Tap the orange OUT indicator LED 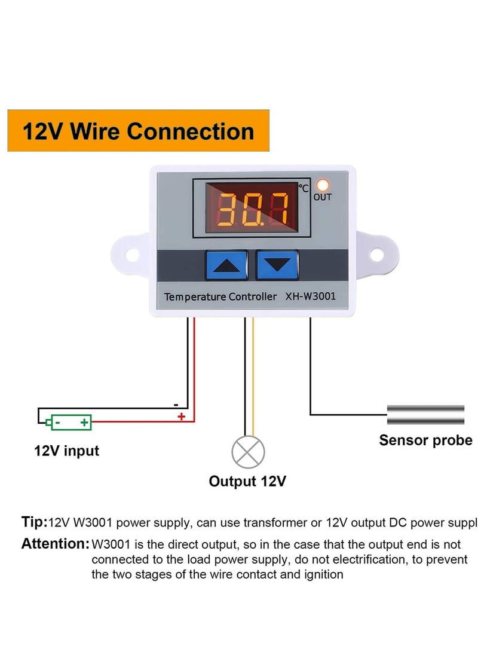tap(323, 185)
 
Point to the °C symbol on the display tap(304, 188)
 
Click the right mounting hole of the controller tap(376, 254)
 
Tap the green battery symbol tap(71, 422)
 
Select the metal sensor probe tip tap(425, 415)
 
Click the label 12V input tap(66, 451)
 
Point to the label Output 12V tap(247, 481)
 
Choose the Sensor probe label tap(425, 440)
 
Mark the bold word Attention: tap(55, 544)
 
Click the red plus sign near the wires tap(181, 417)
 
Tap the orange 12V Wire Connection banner tap(138, 131)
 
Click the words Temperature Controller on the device tap(220, 296)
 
